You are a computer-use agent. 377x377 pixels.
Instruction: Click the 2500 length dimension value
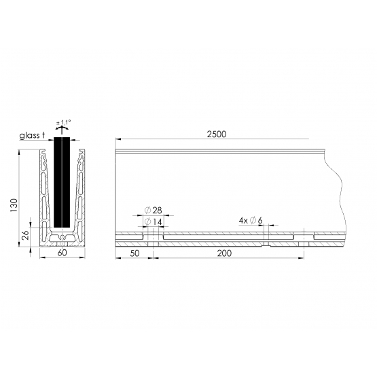217,134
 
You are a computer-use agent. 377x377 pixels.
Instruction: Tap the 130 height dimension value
14,205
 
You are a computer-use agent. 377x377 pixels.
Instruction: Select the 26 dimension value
25,235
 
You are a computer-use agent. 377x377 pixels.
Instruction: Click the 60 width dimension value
62,253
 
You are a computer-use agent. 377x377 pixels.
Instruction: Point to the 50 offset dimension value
134,253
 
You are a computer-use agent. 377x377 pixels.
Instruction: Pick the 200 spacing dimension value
224,253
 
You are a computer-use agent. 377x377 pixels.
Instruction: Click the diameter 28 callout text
153,211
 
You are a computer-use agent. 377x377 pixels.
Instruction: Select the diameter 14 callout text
153,221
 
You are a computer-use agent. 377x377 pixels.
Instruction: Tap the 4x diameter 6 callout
251,220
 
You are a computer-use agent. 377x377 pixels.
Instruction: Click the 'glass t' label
32,135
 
